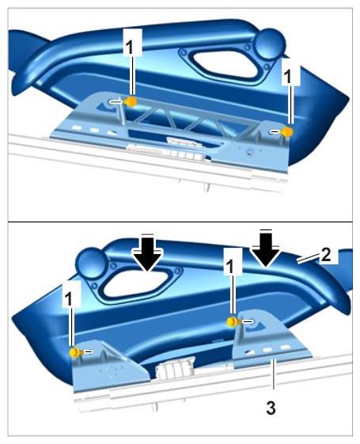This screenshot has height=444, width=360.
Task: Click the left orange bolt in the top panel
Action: pyautogui.click(x=131, y=101)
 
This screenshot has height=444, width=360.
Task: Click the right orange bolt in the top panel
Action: pyautogui.click(x=287, y=132)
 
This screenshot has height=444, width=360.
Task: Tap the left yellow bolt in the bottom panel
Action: pyautogui.click(x=75, y=352)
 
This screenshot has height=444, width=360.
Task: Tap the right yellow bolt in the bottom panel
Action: pyautogui.click(x=233, y=321)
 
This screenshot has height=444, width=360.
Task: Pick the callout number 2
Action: pyautogui.click(x=325, y=255)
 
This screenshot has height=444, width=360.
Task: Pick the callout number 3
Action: pyautogui.click(x=271, y=408)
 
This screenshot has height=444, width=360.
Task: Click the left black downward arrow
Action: pyautogui.click(x=148, y=252)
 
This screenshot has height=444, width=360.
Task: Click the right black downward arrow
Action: pyautogui.click(x=266, y=249)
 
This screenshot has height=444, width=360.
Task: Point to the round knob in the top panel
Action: pyautogui.click(x=270, y=44)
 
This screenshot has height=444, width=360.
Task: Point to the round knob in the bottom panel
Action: pyautogui.click(x=91, y=262)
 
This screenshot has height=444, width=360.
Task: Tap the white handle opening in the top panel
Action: pyautogui.click(x=226, y=64)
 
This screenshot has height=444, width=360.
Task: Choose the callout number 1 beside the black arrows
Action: pyautogui.click(x=232, y=267)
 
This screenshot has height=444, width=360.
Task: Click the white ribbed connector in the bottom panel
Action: pyautogui.click(x=175, y=367)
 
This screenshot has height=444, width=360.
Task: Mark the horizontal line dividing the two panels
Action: pyautogui.click(x=180, y=222)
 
